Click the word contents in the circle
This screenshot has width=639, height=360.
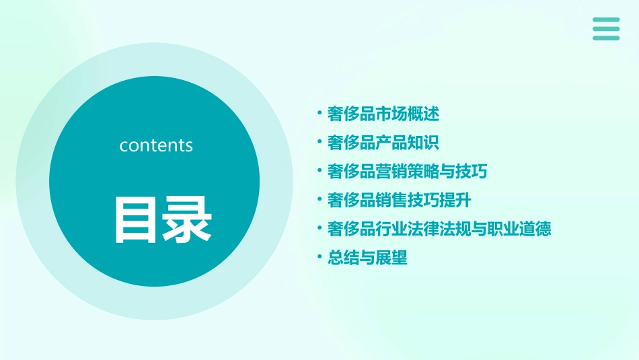point(156,145)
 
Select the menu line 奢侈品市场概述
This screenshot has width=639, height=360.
point(383,114)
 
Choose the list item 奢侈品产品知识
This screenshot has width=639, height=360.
point(383,143)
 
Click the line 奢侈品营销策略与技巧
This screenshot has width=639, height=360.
point(407,172)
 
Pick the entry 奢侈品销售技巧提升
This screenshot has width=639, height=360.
point(399,200)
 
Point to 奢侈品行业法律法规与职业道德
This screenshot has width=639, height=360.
point(439,229)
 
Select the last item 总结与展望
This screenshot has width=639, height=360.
point(367,258)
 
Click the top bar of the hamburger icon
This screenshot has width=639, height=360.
point(606,20)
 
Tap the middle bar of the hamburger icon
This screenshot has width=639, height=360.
point(606,29)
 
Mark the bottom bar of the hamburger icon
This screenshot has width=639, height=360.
point(606,38)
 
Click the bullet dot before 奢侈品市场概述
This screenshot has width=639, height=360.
point(319,114)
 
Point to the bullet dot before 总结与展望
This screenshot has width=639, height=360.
point(319,257)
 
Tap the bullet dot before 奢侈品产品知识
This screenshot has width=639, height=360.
point(319,142)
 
